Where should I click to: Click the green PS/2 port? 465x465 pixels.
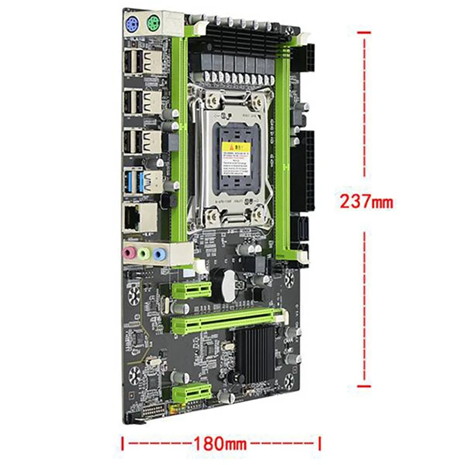[x=153, y=24]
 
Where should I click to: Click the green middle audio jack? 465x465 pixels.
[x=143, y=253]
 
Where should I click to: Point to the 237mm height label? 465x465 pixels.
[x=367, y=202]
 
